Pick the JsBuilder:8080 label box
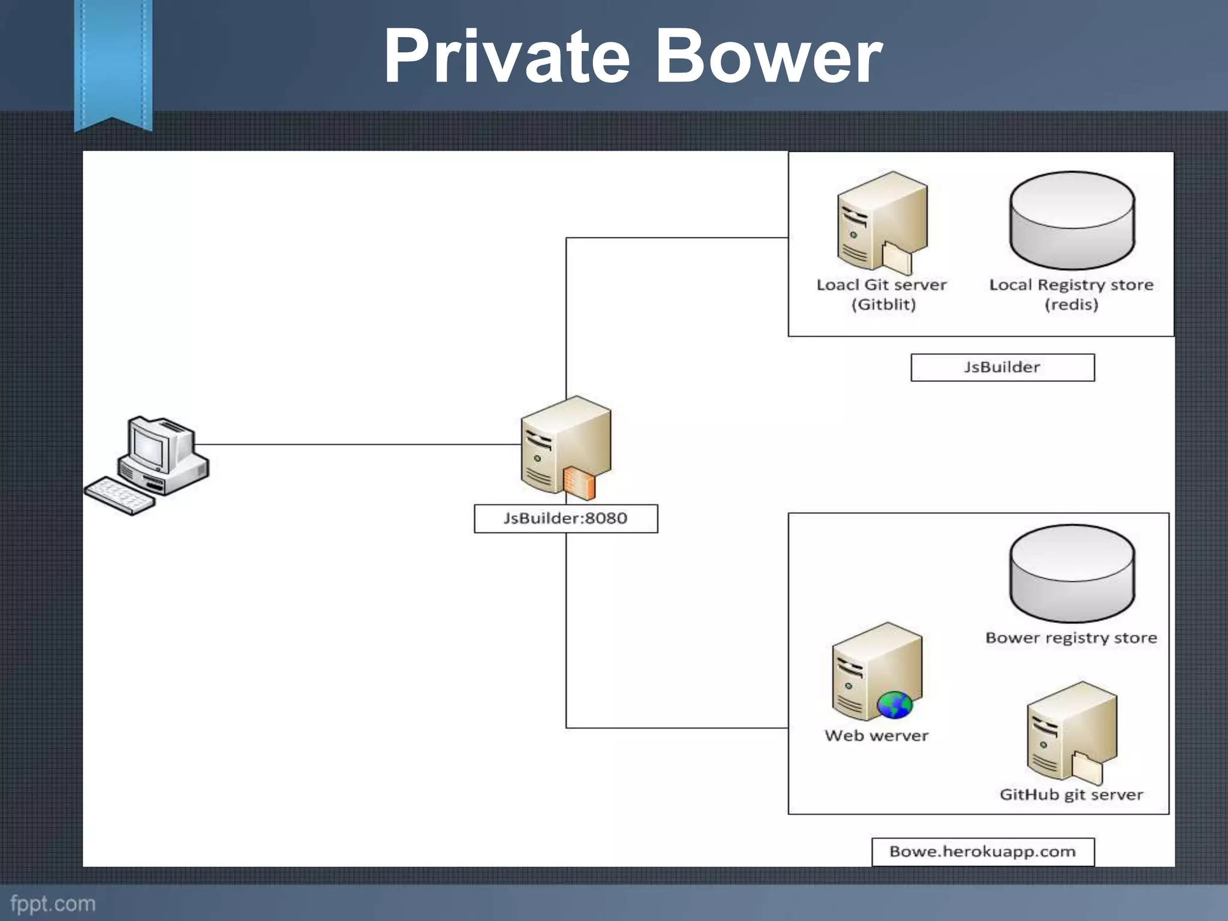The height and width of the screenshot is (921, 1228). click(565, 518)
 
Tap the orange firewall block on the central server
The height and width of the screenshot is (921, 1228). click(579, 483)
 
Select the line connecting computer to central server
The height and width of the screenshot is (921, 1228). click(360, 444)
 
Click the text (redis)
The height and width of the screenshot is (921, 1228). click(1071, 305)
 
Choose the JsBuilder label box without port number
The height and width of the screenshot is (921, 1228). click(1002, 367)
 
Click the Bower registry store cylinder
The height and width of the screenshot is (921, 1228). click(1072, 574)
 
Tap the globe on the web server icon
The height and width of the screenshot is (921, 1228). click(895, 705)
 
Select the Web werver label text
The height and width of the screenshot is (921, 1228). click(876, 736)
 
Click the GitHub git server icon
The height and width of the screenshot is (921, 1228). click(1071, 733)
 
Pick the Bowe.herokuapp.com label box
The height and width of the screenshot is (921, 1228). click(982, 851)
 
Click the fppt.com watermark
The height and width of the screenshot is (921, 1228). click(53, 904)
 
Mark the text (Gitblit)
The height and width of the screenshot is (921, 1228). click(883, 305)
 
